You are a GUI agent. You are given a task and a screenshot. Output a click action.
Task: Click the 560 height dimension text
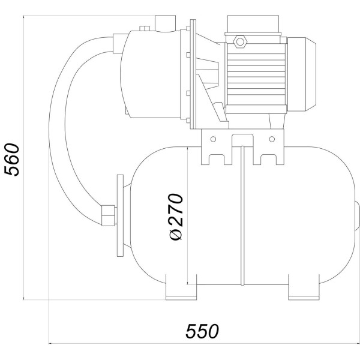pos(13,159)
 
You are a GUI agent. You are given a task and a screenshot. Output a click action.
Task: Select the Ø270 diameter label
pos(175,217)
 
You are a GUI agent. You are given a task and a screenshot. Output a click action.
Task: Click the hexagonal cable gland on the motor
pos(241,41)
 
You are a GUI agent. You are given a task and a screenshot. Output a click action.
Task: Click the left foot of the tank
pos(181,292)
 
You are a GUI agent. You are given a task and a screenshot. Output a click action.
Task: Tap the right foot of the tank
pos(305,292)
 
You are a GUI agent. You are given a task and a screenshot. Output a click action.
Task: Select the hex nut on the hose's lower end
pos(108,215)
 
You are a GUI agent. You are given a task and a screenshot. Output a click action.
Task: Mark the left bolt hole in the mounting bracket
pos(212,139)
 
